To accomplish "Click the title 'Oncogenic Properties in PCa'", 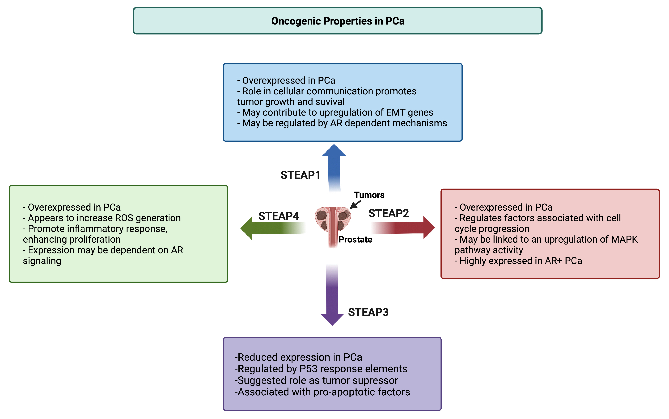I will pyautogui.click(x=338, y=21).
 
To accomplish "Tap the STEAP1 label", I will pyautogui.click(x=300, y=175).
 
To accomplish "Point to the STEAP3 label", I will pyautogui.click(x=368, y=312).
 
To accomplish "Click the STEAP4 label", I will pyautogui.click(x=278, y=216).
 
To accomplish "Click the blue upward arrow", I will pyautogui.click(x=334, y=166).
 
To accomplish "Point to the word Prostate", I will pyautogui.click(x=355, y=239).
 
